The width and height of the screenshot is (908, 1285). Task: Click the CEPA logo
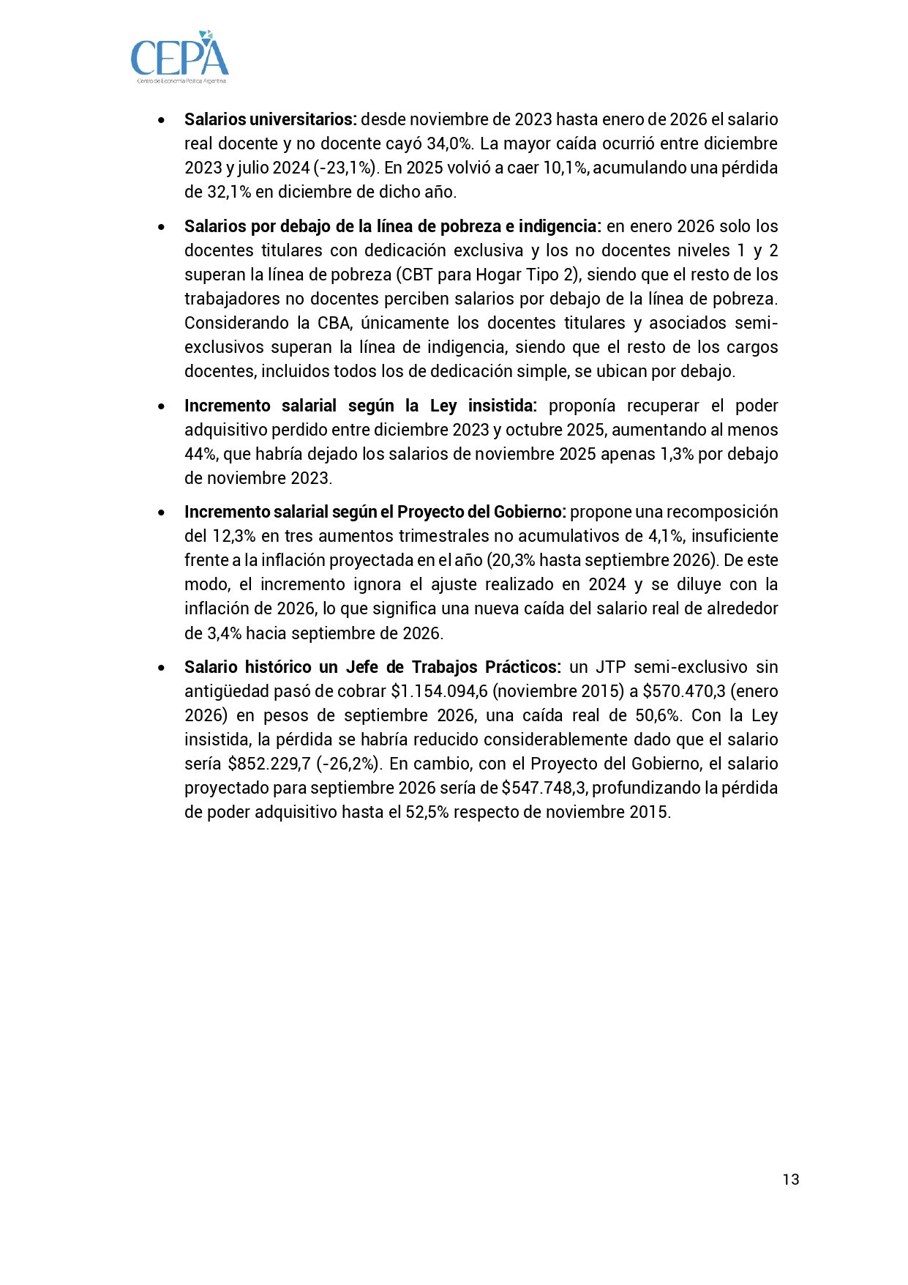click(180, 56)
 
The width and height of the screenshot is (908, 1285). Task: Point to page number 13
click(790, 1179)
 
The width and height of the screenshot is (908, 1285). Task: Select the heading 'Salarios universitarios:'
click(271, 119)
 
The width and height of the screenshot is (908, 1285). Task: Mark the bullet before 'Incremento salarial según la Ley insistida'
click(161, 406)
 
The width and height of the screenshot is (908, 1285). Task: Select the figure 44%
click(200, 454)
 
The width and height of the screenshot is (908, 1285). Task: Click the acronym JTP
click(609, 667)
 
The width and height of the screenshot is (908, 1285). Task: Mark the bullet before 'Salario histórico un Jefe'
click(161, 668)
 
